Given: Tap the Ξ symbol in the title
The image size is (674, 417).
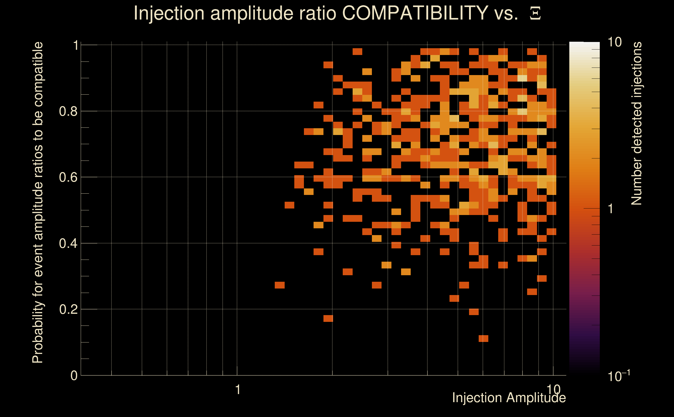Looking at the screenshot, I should pos(535,13).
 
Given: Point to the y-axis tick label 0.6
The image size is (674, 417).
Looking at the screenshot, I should pos(68,177).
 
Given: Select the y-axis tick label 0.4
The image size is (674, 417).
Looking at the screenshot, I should pos(68,243).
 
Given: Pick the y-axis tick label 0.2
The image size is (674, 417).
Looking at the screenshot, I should pos(68,309).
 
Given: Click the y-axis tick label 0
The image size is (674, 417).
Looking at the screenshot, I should pos(74,375).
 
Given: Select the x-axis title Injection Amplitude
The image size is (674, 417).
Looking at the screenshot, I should pos(509,398).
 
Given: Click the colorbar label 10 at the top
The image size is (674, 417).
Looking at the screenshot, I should pos(614,42).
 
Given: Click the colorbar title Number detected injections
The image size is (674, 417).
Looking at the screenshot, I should pos(636,123).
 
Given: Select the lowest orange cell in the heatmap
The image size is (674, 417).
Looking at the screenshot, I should pos(483,338).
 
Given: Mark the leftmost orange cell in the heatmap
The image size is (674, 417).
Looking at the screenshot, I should pos(279,285).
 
